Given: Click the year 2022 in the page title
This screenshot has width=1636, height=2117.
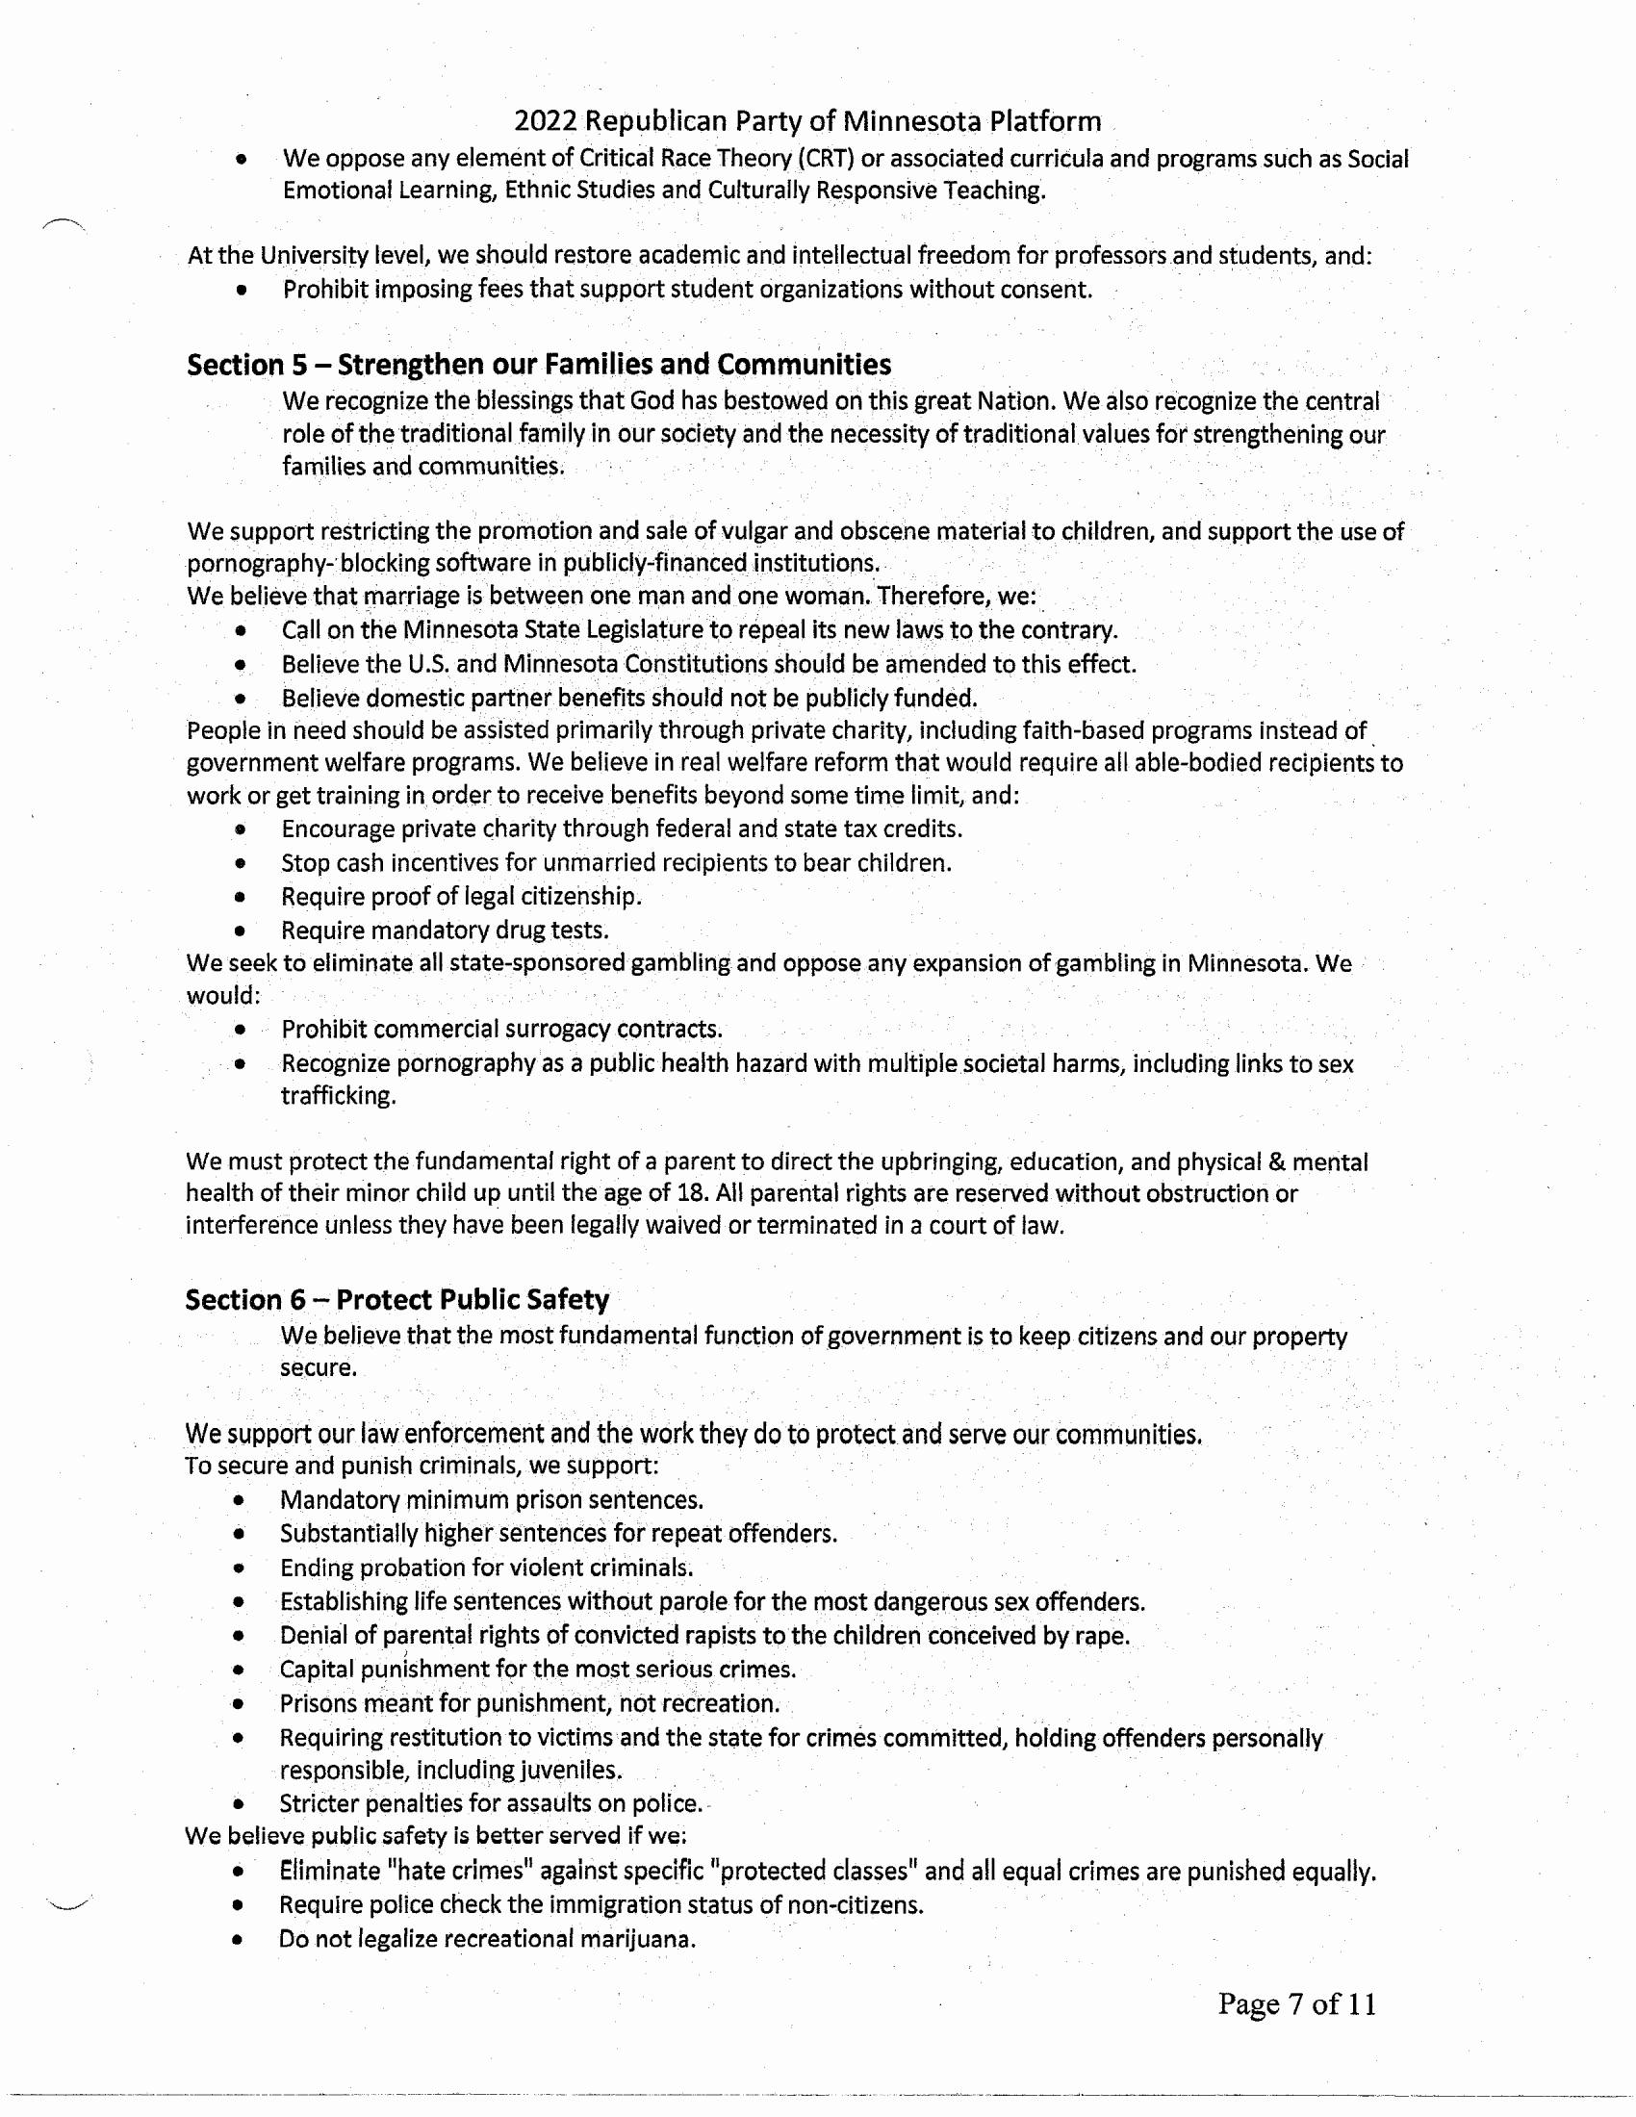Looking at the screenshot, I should (545, 121).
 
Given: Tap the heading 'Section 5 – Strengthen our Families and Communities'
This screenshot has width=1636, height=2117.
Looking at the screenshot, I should (539, 365).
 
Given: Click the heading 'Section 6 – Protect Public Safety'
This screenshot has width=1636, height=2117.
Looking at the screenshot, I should (397, 1299).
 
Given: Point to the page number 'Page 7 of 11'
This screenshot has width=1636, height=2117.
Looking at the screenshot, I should (1297, 2003).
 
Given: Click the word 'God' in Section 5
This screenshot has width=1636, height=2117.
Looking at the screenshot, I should (652, 401).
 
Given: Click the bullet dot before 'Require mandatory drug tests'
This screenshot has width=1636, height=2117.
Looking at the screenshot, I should (240, 931).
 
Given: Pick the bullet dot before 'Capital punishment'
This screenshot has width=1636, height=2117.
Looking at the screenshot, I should (239, 1670).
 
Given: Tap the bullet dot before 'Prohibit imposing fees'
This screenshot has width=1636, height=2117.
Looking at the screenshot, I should (241, 290).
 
